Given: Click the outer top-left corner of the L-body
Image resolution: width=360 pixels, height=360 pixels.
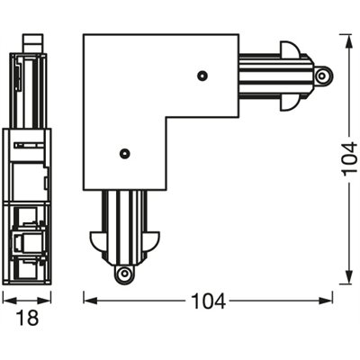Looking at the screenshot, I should [x=84, y=35].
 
